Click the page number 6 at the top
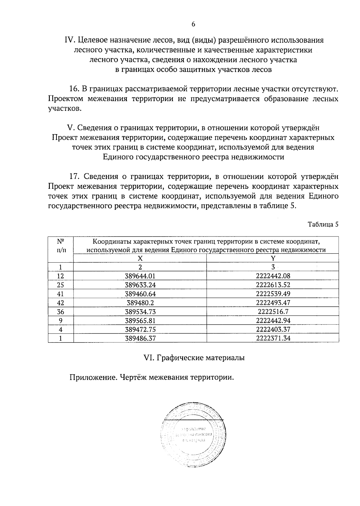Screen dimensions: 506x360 [193, 24]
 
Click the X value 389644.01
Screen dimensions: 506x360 [140, 276]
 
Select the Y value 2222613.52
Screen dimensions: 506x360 [273, 285]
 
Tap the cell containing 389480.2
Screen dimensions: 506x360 [140, 303]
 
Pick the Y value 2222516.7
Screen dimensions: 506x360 [273, 312]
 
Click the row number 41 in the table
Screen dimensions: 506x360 [61, 294]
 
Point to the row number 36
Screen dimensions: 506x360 [61, 312]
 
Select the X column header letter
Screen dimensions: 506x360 [140, 258]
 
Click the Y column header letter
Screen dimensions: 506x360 [273, 258]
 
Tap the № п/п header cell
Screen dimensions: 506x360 [61, 245]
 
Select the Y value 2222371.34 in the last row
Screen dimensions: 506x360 [273, 339]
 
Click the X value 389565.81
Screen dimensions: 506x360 [140, 321]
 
